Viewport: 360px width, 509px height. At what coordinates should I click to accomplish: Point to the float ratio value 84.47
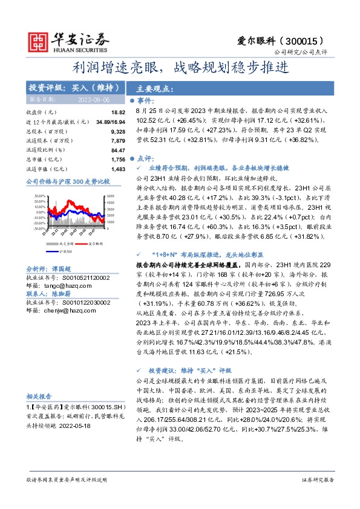(117, 150)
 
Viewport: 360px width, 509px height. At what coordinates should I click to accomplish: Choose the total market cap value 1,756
(117, 159)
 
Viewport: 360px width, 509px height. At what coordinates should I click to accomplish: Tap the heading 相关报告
(39, 396)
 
